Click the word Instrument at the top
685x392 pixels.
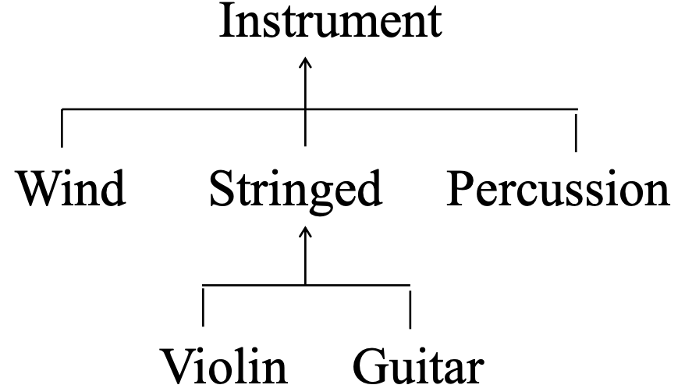pos(330,21)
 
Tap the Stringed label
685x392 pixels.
pos(296,190)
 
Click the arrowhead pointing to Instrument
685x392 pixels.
pos(305,61)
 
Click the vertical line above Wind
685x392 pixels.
pos(62,128)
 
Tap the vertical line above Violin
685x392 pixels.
pos(204,305)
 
